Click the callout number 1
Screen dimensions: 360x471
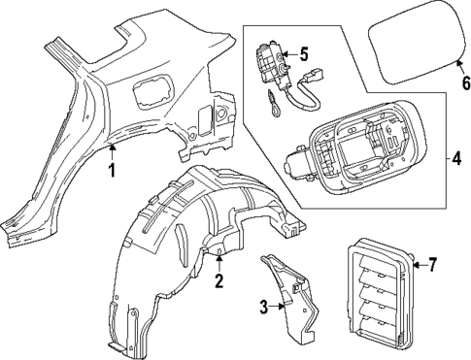pyautogui.click(x=112, y=172)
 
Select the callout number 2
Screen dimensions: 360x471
pyautogui.click(x=219, y=282)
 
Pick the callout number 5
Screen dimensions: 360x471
pyautogui.click(x=304, y=54)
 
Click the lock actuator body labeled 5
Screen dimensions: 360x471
pyautogui.click(x=270, y=64)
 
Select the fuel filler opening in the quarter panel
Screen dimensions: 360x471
pyautogui.click(x=151, y=98)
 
